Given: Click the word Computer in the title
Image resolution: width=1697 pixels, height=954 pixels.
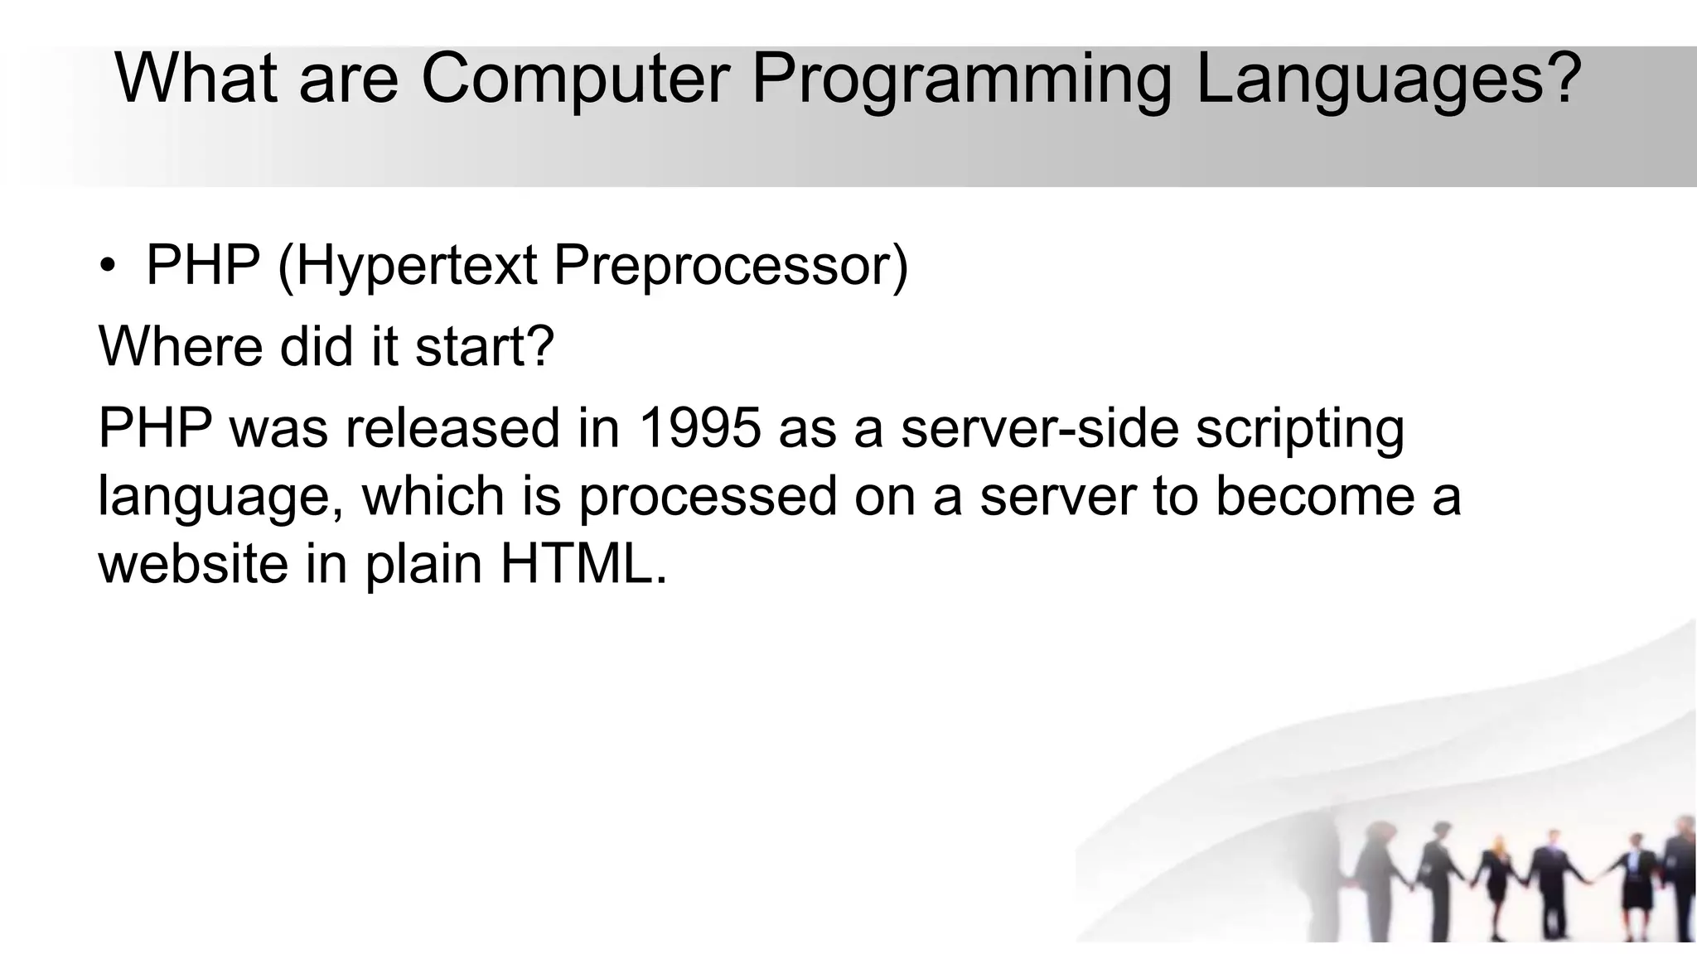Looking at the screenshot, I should click(x=575, y=79).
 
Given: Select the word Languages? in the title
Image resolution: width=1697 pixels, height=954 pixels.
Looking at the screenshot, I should click(x=1388, y=79).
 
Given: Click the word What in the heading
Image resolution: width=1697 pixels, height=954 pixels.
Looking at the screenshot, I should click(x=196, y=79).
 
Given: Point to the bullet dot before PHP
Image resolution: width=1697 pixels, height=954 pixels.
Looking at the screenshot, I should click(x=107, y=267).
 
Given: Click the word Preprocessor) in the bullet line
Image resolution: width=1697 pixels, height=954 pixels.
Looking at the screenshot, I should click(x=731, y=267).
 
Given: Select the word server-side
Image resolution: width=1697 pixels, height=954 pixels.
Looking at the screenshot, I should click(x=1039, y=429).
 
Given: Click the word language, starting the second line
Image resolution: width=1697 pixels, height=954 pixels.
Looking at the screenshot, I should click(x=220, y=497).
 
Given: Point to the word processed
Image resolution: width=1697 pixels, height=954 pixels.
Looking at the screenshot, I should click(x=708, y=497).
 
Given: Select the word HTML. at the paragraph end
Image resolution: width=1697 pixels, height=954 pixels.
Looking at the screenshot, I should click(x=583, y=565).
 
